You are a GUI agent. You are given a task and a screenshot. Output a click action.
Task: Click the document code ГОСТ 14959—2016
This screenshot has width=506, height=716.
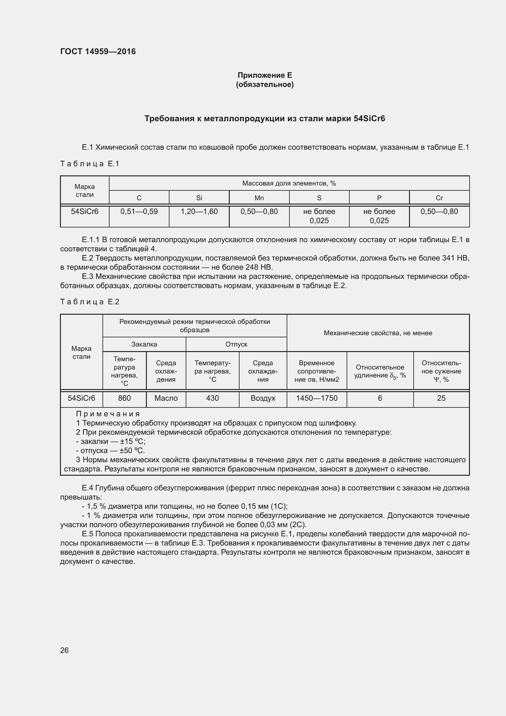click(x=98, y=51)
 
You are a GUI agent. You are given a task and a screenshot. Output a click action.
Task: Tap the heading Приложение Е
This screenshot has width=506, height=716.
click(x=265, y=75)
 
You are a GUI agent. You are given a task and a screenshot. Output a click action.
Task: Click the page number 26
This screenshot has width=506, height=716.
click(x=64, y=650)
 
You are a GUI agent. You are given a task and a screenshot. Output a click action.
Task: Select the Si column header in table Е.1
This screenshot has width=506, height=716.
click(x=199, y=198)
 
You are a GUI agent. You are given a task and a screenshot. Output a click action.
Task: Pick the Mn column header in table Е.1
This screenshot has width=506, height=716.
click(x=259, y=198)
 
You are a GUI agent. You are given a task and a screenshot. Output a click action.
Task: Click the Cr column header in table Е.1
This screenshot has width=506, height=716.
click(x=439, y=198)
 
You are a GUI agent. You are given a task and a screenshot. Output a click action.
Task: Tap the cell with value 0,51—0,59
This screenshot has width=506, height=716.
click(x=139, y=212)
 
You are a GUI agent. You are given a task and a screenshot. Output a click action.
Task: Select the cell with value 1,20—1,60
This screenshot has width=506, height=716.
click(x=199, y=212)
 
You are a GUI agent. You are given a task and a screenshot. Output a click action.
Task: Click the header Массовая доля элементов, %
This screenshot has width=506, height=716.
click(x=289, y=183)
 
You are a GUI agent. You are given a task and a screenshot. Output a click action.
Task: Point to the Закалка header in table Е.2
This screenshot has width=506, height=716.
click(x=144, y=344)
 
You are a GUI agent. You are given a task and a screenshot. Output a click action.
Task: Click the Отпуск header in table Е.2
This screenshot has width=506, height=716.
click(x=236, y=344)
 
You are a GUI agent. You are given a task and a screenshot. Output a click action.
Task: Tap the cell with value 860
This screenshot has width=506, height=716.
click(x=124, y=398)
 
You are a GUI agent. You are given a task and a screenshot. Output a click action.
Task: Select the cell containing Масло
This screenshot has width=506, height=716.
click(x=166, y=398)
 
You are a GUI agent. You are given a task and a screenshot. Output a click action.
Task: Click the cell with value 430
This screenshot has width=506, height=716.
click(x=212, y=398)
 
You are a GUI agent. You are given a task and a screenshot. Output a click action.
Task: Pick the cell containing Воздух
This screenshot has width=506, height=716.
click(x=263, y=398)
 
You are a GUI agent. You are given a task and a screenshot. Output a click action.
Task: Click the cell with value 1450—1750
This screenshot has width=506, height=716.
click(x=317, y=398)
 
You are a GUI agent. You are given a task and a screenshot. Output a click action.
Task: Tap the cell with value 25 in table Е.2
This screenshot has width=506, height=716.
click(x=441, y=398)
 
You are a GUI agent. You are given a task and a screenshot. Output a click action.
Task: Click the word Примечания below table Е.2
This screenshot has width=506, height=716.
click(x=108, y=414)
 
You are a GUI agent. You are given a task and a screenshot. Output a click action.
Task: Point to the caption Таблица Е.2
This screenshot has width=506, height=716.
click(x=90, y=302)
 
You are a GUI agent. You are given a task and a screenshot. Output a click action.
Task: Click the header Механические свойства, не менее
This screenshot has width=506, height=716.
click(x=378, y=333)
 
